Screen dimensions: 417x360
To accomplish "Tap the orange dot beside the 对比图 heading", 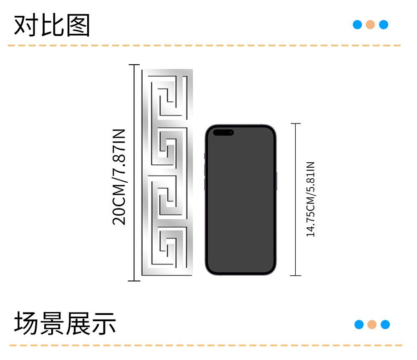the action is [x=370, y=25].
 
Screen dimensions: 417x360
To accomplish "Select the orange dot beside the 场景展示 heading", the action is [x=372, y=325].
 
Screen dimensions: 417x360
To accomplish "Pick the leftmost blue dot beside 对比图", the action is [x=357, y=25].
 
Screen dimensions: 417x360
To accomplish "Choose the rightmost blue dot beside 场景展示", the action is [x=385, y=325].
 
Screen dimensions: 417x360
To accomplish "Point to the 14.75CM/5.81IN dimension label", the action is [x=311, y=199].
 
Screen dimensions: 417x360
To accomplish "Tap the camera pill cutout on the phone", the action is [x=224, y=133].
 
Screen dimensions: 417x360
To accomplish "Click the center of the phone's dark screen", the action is [x=241, y=200].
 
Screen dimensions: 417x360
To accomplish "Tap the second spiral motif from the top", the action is [x=167, y=148].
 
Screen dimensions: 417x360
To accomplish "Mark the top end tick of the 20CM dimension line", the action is [x=134, y=65].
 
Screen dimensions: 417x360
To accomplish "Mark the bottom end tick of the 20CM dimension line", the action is [x=134, y=281].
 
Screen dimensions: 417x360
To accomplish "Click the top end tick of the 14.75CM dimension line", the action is [x=296, y=124].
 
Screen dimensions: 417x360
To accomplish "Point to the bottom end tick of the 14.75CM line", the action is [x=296, y=276].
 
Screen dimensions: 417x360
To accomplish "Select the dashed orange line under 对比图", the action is [x=204, y=45].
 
